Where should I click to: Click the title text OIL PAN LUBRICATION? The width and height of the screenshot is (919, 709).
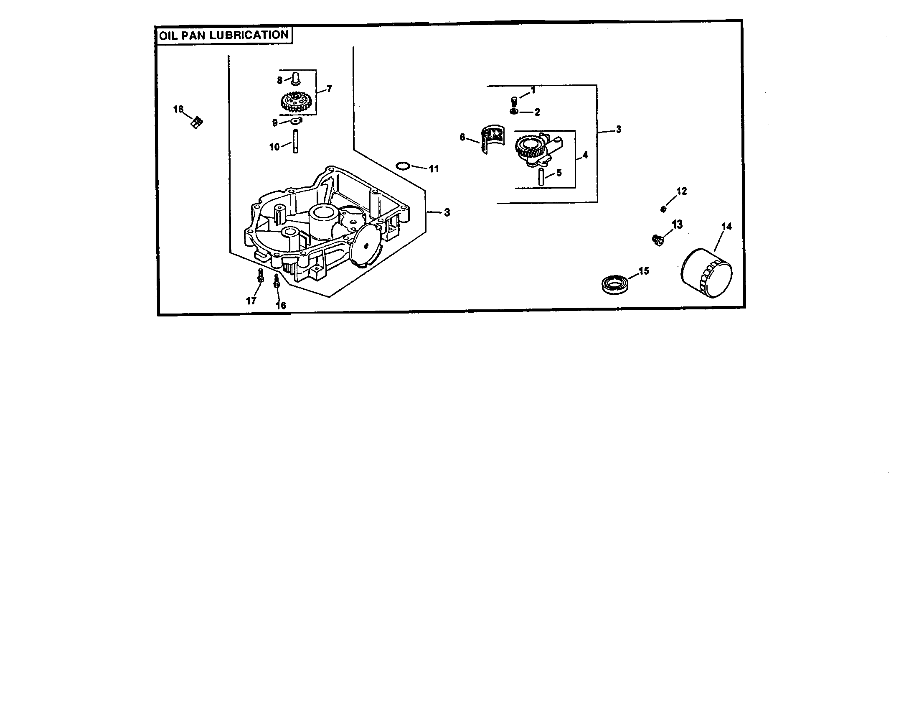point(224,35)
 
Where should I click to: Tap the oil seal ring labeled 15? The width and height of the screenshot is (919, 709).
point(615,283)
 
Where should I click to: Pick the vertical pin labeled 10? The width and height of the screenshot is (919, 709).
point(295,141)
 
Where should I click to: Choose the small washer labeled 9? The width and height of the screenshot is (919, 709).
point(296,122)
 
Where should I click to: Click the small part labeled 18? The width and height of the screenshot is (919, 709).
point(196,122)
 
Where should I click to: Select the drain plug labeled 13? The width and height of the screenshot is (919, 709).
point(657,240)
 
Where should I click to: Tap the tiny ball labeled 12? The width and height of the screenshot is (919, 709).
point(664,209)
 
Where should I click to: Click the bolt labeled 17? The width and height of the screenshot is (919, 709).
point(260,276)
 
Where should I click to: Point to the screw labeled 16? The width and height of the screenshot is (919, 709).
point(277,281)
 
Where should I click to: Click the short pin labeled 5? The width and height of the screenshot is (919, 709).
point(541,177)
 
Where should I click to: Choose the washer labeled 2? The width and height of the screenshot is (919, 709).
point(513,112)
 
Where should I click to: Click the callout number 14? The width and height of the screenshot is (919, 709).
point(726,227)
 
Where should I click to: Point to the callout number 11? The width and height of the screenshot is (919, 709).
point(434,169)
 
